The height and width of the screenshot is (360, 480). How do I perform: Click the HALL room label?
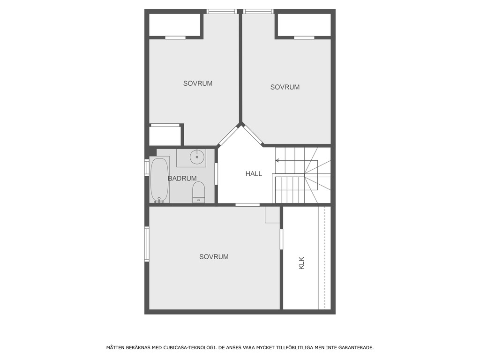[x=254, y=174]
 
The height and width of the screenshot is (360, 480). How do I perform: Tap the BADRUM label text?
[x=182, y=179]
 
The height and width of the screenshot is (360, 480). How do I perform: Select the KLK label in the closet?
[x=301, y=262]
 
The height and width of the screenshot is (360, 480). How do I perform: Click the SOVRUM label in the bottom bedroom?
[x=214, y=257]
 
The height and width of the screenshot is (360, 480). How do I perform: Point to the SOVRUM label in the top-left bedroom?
[x=198, y=83]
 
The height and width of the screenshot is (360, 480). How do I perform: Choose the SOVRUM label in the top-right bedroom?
[x=285, y=87]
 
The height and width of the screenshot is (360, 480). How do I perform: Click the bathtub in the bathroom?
[x=159, y=180]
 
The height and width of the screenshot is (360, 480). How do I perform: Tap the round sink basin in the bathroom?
[x=197, y=157]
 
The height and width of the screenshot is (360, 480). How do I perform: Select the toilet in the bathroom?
[x=199, y=192]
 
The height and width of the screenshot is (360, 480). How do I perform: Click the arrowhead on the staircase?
[x=277, y=161]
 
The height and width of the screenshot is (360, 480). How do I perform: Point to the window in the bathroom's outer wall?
[x=147, y=168]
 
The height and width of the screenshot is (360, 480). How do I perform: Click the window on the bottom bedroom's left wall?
[x=147, y=244]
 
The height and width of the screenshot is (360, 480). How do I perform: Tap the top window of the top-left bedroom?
[x=222, y=11]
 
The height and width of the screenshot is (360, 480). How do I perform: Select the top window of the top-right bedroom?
[x=258, y=11]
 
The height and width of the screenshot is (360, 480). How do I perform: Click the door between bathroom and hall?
[x=216, y=173]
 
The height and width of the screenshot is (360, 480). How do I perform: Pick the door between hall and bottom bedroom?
[x=247, y=205]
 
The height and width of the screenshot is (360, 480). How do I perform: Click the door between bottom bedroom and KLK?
[x=281, y=239]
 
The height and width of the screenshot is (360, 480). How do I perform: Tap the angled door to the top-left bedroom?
[x=228, y=135]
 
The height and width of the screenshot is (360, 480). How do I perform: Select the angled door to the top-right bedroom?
[x=253, y=135]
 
